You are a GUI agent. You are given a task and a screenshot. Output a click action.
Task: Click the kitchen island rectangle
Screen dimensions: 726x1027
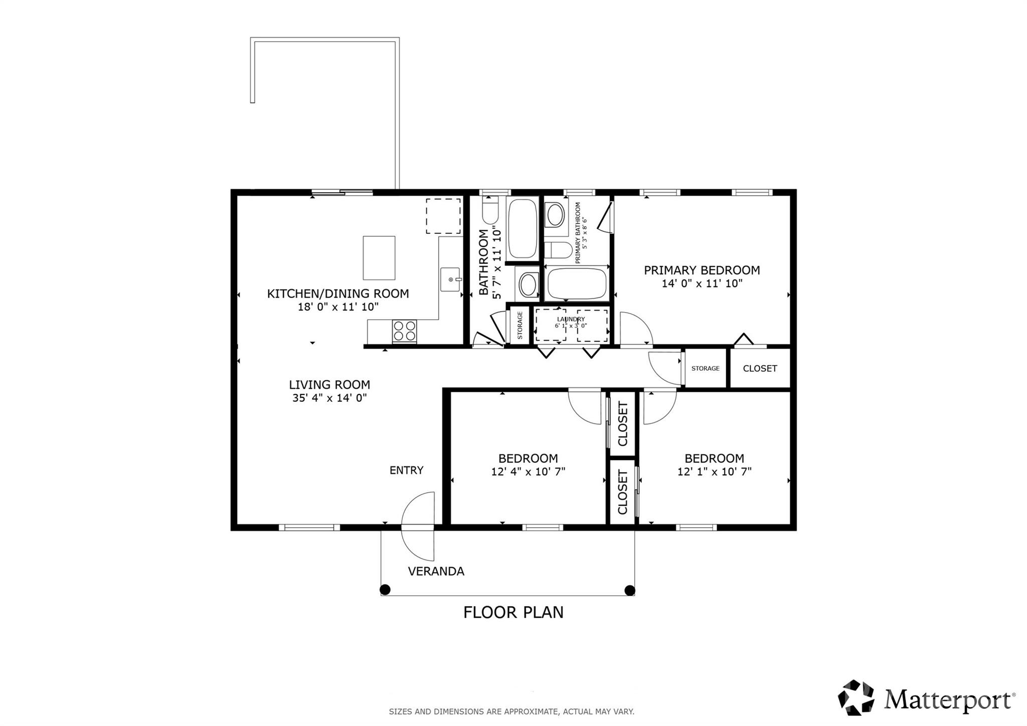pos(379,258)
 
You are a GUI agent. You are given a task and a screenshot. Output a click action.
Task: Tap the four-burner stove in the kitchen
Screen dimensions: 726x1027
pos(404,331)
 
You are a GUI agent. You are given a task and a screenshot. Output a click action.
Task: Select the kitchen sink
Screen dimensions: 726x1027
pos(450,279)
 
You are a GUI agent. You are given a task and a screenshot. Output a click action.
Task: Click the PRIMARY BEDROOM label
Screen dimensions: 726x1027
pos(702,270)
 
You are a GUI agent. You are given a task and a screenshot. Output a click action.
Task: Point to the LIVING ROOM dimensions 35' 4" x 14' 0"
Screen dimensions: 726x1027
pos(329,398)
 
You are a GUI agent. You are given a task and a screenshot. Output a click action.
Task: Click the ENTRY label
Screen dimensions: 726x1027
pos(406,470)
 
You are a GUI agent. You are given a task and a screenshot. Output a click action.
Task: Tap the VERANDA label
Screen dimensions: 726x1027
pos(436,571)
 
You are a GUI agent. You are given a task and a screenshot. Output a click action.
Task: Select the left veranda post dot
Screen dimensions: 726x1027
pos(385,590)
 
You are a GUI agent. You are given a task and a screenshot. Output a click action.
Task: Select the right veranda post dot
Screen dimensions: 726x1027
pos(629,590)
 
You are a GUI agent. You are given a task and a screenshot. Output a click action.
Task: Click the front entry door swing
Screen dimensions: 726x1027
pos(419,527)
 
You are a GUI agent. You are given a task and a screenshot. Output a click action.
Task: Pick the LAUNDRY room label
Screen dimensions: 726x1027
pos(571,320)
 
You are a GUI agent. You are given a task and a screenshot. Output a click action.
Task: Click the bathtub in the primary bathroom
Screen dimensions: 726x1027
pos(577,283)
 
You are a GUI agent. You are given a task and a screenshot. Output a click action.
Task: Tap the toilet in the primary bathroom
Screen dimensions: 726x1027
pos(558,250)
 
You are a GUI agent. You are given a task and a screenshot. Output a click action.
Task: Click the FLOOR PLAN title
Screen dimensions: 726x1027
pos(513,613)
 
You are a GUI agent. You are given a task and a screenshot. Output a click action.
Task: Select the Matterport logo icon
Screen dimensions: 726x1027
pos(855,697)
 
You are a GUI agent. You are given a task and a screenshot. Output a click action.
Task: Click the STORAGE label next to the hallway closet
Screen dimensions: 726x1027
pos(705,368)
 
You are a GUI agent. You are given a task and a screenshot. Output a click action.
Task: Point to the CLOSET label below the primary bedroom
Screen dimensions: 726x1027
pos(760,368)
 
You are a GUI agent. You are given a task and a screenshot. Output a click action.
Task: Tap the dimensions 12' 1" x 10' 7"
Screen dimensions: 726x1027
pos(714,472)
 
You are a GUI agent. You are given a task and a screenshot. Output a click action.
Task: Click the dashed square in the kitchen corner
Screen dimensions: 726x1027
pos(443,216)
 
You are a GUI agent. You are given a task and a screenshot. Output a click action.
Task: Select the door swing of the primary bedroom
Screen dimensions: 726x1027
pos(636,329)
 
